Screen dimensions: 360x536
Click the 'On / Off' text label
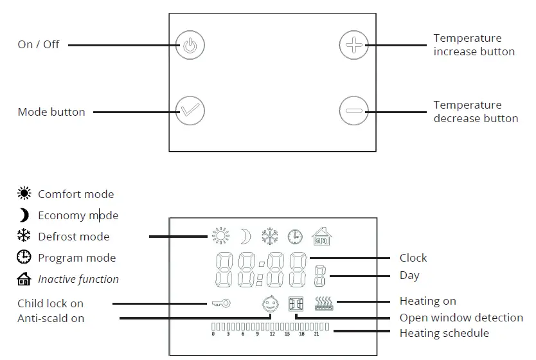[x=39, y=45]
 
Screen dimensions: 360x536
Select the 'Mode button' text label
[x=51, y=112]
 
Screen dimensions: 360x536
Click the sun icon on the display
[x=221, y=237]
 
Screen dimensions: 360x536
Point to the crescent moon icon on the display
[x=245, y=237]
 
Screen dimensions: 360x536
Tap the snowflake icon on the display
[x=269, y=237]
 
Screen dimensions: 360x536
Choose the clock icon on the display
[x=295, y=237]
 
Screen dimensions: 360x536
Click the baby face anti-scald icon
[x=271, y=303]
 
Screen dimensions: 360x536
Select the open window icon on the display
[x=296, y=303]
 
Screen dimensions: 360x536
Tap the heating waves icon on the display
[x=324, y=303]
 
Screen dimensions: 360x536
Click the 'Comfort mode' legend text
[x=76, y=194]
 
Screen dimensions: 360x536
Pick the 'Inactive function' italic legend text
[x=78, y=279]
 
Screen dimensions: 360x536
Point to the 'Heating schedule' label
[x=444, y=333]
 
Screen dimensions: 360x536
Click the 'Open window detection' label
[x=461, y=318]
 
